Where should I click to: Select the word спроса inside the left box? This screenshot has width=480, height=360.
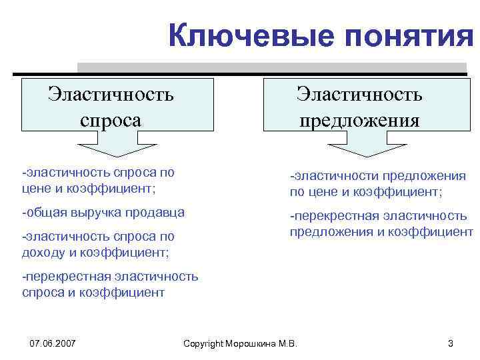(x=111, y=120)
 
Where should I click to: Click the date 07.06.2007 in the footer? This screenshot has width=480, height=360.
(x=53, y=343)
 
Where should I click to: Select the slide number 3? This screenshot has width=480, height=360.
(x=451, y=343)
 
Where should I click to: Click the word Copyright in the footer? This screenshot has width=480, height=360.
(x=204, y=343)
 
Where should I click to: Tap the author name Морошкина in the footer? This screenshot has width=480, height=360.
(x=253, y=343)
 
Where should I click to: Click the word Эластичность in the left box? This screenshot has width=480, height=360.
(x=111, y=94)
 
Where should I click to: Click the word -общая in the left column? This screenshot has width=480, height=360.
(x=39, y=213)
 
